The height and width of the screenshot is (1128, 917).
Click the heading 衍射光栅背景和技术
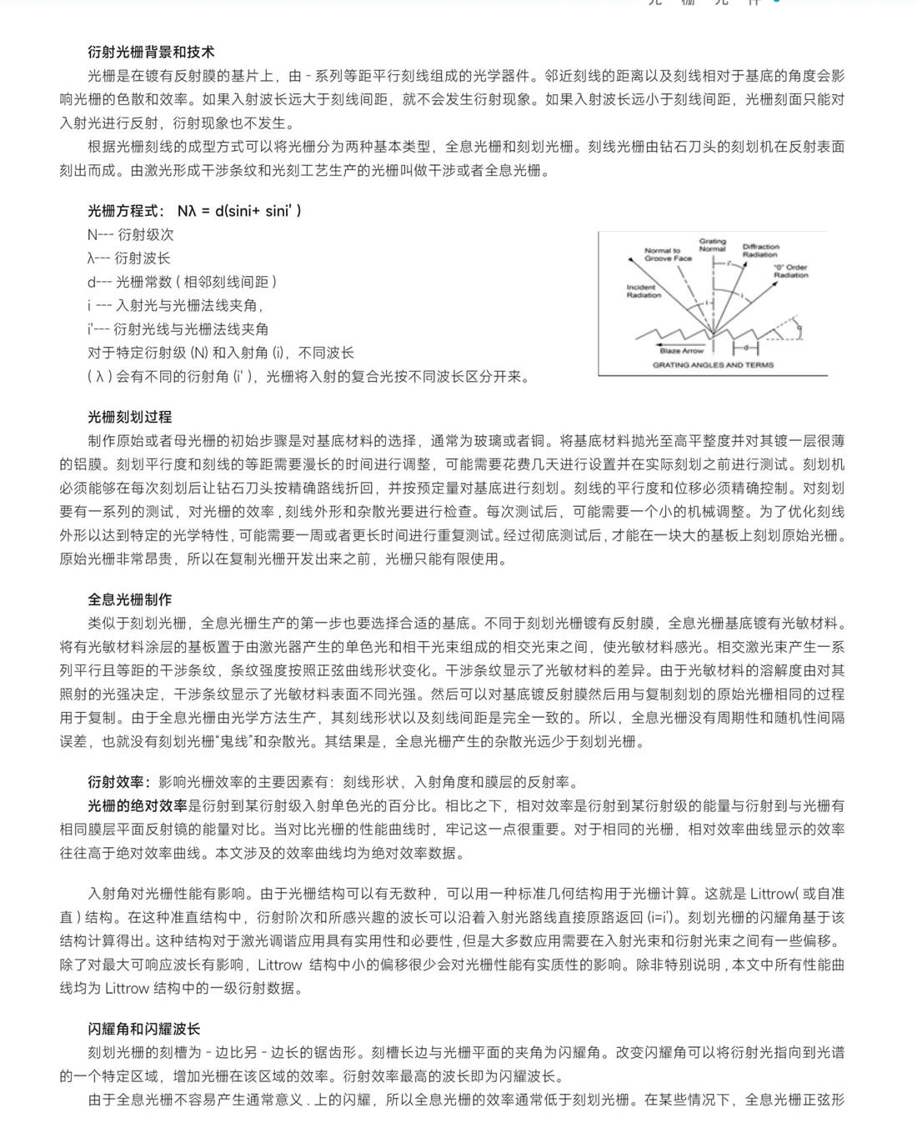(x=151, y=52)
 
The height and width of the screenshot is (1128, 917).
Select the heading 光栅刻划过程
(x=129, y=417)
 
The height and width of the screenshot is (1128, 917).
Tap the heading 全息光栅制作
(x=129, y=599)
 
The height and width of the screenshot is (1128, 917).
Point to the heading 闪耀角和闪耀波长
(x=143, y=1029)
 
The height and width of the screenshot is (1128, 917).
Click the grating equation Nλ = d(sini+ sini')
(x=239, y=211)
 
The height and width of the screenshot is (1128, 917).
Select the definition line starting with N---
(x=131, y=235)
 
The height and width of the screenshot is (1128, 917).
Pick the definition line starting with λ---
(x=129, y=258)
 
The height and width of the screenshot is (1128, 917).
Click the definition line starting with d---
(x=182, y=282)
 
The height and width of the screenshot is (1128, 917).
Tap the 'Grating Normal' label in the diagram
(x=712, y=244)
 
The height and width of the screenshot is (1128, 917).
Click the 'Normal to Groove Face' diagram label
(x=668, y=253)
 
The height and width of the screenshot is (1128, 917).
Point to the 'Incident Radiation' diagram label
(x=643, y=290)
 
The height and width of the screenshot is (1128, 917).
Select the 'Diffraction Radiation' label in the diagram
(x=760, y=250)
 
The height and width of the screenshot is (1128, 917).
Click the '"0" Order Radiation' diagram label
(x=790, y=271)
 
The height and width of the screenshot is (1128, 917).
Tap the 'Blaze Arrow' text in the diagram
(x=681, y=351)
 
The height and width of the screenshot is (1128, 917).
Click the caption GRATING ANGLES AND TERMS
(x=713, y=365)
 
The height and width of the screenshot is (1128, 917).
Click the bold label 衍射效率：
(x=120, y=782)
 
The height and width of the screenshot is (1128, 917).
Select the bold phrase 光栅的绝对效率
(x=138, y=805)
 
